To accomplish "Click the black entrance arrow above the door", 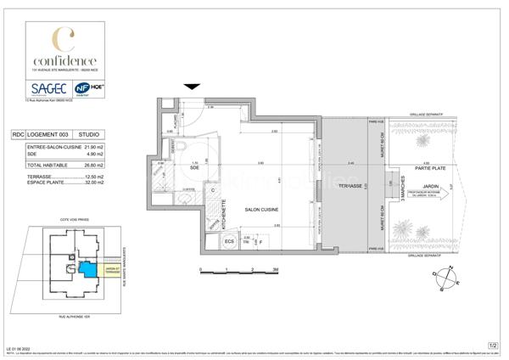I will click(193, 85).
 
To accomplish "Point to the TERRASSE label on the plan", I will click(350, 184).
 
